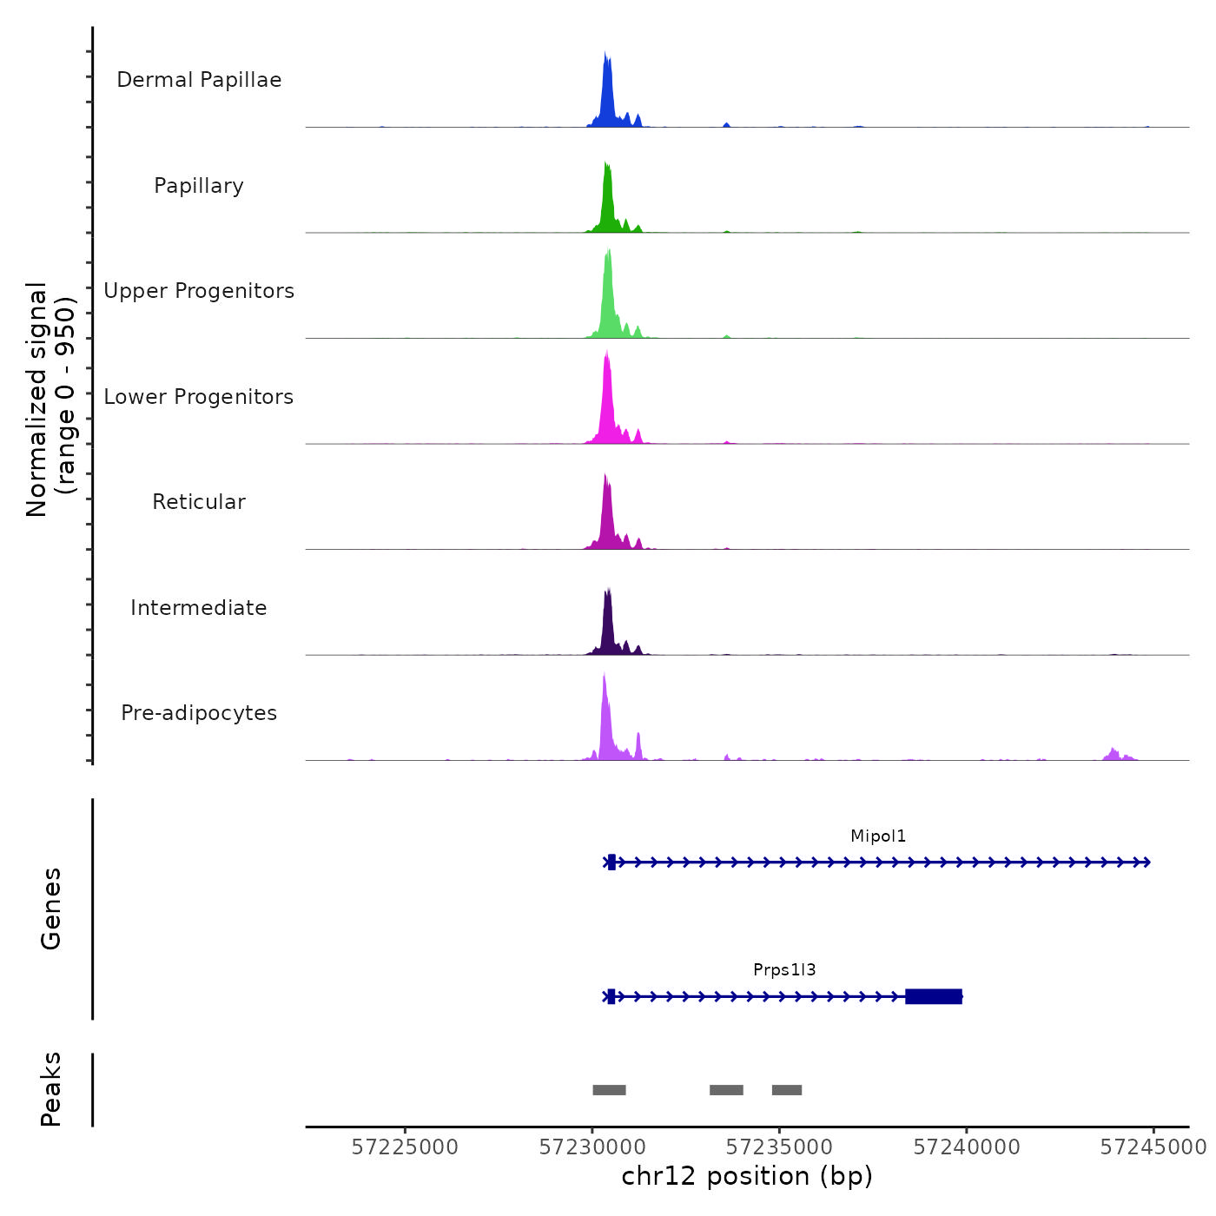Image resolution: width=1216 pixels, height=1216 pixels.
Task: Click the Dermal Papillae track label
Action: pyautogui.click(x=199, y=80)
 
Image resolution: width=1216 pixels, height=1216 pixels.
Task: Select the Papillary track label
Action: pyautogui.click(x=199, y=186)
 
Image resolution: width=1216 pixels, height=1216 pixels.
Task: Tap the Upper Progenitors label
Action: pyautogui.click(x=199, y=291)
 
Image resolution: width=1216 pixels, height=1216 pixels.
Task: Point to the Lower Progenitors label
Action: pyautogui.click(x=199, y=397)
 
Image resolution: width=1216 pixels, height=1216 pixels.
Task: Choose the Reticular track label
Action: pyautogui.click(x=199, y=502)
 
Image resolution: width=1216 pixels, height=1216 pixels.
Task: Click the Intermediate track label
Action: pyautogui.click(x=199, y=608)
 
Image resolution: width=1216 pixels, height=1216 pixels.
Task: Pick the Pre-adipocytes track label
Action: pyautogui.click(x=199, y=713)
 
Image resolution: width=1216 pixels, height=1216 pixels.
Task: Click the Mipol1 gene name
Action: pyautogui.click(x=878, y=836)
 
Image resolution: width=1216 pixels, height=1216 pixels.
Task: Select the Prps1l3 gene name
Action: pyautogui.click(x=784, y=970)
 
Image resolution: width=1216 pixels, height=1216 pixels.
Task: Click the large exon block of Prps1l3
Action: pyautogui.click(x=934, y=996)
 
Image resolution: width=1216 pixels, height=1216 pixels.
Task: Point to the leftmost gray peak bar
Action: pyautogui.click(x=609, y=1090)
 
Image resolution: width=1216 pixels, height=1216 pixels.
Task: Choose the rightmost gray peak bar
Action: pyautogui.click(x=787, y=1090)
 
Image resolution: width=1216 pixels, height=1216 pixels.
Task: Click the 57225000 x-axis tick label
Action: pyautogui.click(x=405, y=1147)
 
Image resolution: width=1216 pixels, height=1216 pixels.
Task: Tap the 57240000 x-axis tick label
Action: pyautogui.click(x=967, y=1147)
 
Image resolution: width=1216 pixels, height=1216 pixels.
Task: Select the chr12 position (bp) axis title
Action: pyautogui.click(x=747, y=1176)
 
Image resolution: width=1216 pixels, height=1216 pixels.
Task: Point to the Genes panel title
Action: pyautogui.click(x=51, y=909)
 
